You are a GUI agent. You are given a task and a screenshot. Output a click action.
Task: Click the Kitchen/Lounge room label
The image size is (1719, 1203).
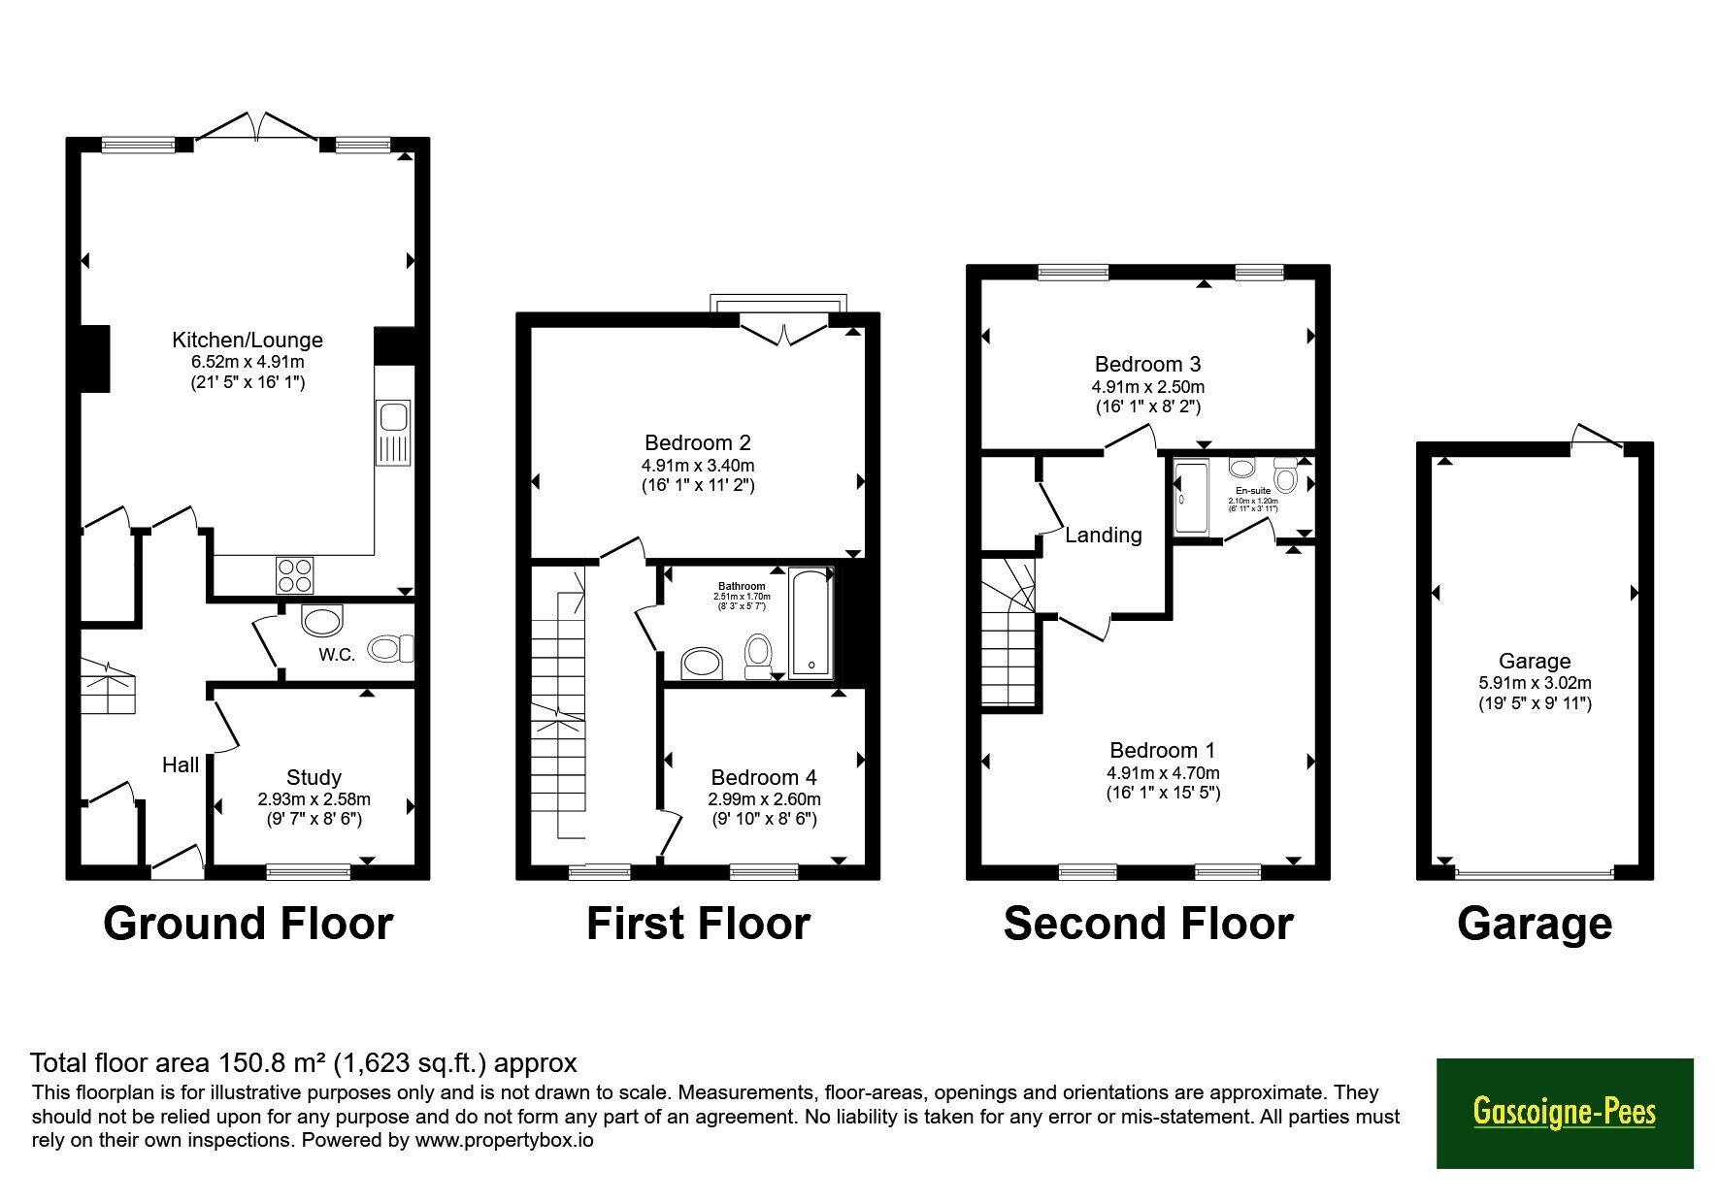click(248, 340)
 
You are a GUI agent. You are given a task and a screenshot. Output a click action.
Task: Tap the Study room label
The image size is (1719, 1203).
click(314, 777)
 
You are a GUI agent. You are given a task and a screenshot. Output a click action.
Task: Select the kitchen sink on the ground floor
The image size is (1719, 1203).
click(393, 433)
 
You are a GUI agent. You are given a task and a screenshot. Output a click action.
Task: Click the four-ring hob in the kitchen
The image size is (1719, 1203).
click(295, 573)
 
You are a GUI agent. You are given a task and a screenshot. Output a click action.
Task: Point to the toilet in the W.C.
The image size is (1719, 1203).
click(391, 648)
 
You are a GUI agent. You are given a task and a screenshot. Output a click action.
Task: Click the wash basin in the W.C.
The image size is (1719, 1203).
click(322, 619)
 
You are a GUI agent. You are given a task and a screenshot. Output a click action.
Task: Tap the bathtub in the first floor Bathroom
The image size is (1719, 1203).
click(811, 622)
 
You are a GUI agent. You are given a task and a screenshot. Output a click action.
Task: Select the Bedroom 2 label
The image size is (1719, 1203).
click(698, 442)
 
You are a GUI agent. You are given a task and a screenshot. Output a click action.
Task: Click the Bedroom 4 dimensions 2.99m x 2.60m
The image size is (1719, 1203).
click(764, 799)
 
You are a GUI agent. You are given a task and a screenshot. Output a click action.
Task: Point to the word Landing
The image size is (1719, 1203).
click(1104, 535)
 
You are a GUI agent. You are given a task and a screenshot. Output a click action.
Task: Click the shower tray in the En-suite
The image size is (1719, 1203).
click(1190, 499)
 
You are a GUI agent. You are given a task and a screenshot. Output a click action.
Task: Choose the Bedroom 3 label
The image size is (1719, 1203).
click(1147, 364)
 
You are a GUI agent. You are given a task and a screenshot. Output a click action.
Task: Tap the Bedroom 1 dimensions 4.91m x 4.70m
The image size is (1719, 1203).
click(1163, 773)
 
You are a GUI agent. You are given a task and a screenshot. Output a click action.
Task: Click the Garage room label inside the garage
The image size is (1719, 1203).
click(1535, 661)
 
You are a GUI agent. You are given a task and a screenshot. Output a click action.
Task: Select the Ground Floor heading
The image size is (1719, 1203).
click(248, 924)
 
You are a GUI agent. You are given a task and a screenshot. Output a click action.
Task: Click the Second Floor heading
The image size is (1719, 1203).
click(1148, 924)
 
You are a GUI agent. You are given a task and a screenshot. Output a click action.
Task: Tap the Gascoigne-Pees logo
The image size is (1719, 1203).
click(1565, 1113)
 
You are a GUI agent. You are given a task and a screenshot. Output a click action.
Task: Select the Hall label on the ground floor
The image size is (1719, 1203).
click(181, 765)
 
